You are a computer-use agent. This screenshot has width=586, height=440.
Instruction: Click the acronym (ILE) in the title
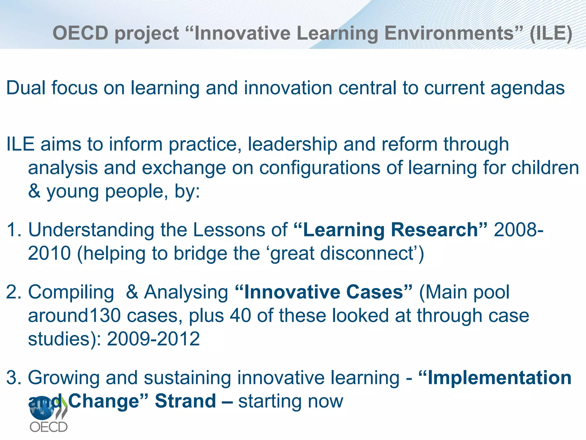click(x=551, y=33)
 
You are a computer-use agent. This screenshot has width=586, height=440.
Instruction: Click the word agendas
click(x=528, y=88)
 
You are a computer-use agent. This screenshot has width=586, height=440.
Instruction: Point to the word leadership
click(x=292, y=144)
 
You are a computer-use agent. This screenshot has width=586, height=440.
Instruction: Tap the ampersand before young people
click(x=34, y=191)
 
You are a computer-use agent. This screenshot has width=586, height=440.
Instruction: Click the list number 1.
click(x=13, y=230)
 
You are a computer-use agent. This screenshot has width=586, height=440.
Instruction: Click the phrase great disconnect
click(x=342, y=254)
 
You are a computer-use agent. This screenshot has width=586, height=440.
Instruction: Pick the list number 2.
click(x=13, y=292)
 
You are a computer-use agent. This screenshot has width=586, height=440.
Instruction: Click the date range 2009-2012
click(x=153, y=339)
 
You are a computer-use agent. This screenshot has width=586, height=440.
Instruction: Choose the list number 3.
click(x=13, y=378)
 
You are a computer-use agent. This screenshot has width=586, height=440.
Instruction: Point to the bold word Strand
click(x=185, y=401)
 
